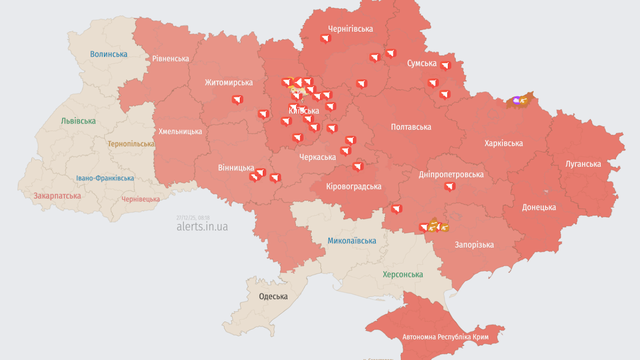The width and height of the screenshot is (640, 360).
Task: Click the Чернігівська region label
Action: tap(350, 28)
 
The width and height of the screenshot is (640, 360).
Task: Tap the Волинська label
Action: tap(108, 54)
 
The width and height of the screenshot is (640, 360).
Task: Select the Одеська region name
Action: tap(273, 296)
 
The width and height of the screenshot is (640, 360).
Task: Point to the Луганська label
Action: tap(583, 163)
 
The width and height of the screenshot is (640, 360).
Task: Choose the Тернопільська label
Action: tap(131, 143)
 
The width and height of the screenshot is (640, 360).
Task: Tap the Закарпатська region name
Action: tap(57, 195)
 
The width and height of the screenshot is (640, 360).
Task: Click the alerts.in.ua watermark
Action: tap(202, 226)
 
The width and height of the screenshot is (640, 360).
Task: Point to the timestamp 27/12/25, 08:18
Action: tap(192, 217)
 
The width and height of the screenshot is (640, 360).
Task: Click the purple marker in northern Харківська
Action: tap(516, 100)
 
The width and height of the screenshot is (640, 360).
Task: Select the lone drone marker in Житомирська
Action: tap(237, 99)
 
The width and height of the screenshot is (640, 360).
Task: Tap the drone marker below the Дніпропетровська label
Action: tap(449, 186)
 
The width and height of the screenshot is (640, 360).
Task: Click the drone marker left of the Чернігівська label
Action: tap(325, 38)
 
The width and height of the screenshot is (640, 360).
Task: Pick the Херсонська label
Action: tap(402, 274)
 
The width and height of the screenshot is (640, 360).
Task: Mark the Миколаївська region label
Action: tap(351, 240)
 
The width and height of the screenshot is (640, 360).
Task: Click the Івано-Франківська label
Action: tap(105, 178)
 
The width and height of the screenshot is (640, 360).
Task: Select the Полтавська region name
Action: tap(410, 127)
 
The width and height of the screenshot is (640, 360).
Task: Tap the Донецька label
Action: tap(539, 207)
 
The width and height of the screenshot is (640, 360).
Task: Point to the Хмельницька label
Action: tap(180, 131)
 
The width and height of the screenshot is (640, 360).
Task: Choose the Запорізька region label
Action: tap(474, 244)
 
